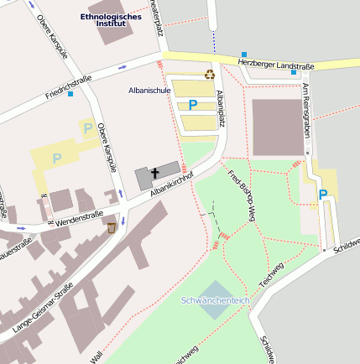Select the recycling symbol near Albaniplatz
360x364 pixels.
point(210,75)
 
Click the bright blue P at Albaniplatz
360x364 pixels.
point(193,105)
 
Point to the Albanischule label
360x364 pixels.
point(149,90)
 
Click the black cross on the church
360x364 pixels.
point(154,174)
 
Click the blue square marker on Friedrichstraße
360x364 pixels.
point(70,94)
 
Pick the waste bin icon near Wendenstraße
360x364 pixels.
point(112,227)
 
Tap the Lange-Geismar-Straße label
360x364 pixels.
point(38,310)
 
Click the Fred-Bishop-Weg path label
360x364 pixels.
point(241,195)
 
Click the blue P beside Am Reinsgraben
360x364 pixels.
point(323,195)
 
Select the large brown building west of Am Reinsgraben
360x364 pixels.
point(278,127)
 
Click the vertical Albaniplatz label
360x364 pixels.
point(221,107)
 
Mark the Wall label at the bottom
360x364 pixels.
point(97,356)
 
